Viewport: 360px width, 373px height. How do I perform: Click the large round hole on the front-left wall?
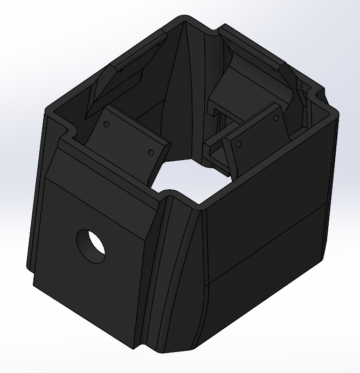coord(91,246)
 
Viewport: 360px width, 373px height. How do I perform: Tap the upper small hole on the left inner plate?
coord(106,124)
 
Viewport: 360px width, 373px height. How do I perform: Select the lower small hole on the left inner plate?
coord(151,151)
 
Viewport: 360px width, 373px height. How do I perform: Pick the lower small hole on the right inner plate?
coord(238,143)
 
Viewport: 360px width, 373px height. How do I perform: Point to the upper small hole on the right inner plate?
coord(276,117)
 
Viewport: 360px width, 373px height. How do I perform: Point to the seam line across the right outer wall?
coord(269,243)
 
